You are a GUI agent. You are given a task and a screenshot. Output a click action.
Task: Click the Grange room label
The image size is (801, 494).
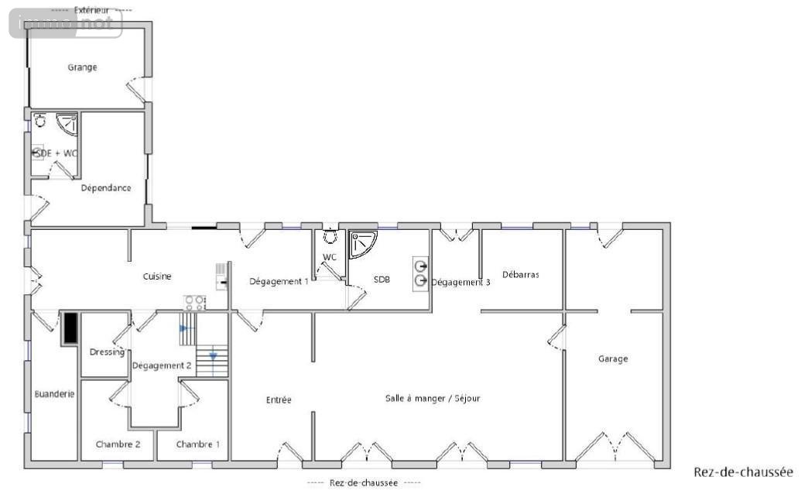pyautogui.click(x=82, y=67)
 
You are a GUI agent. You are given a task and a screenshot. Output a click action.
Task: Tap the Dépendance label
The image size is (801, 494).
pyautogui.click(x=106, y=188)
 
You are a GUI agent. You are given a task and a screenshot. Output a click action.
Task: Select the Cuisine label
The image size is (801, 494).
pyautogui.click(x=157, y=276)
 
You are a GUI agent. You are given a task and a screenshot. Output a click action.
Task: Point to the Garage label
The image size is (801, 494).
pyautogui.click(x=613, y=359)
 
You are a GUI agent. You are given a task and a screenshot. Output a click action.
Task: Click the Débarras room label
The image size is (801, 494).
pyautogui.click(x=521, y=275)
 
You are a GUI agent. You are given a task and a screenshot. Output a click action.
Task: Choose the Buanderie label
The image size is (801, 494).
pyautogui.click(x=54, y=394)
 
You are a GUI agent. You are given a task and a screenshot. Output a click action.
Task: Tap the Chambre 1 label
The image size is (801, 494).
pyautogui.click(x=197, y=444)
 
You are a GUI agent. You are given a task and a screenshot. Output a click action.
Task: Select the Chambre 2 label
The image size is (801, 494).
pyautogui.click(x=118, y=444)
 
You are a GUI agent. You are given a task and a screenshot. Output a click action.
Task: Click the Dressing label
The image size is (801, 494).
pyautogui.click(x=107, y=352)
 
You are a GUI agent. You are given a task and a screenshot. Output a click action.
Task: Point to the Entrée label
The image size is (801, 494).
pyautogui.click(x=279, y=400)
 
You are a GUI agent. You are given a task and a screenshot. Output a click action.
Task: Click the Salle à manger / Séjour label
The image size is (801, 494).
pyautogui.click(x=433, y=399)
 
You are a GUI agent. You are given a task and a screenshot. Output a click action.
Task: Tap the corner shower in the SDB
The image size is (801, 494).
pyautogui.click(x=363, y=245)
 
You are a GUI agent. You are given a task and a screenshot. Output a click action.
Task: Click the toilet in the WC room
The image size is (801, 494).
pyautogui.click(x=330, y=236)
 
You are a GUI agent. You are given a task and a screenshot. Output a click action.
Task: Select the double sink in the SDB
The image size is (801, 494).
pyautogui.click(x=420, y=273)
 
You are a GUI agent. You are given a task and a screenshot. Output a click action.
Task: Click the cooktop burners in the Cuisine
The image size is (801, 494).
pyautogui.click(x=194, y=303)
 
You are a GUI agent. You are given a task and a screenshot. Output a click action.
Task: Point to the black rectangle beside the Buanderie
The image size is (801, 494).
pyautogui.click(x=70, y=328)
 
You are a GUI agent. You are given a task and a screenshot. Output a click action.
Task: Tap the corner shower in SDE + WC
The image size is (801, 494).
pyautogui.click(x=67, y=125)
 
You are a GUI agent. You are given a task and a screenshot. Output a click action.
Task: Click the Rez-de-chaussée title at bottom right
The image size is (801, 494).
pyautogui.click(x=743, y=472)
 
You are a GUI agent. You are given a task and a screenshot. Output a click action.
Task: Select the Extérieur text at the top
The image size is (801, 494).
pyautogui.click(x=91, y=10)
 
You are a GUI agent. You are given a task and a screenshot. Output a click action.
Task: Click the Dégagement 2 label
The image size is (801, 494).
pyautogui.click(x=162, y=365)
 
